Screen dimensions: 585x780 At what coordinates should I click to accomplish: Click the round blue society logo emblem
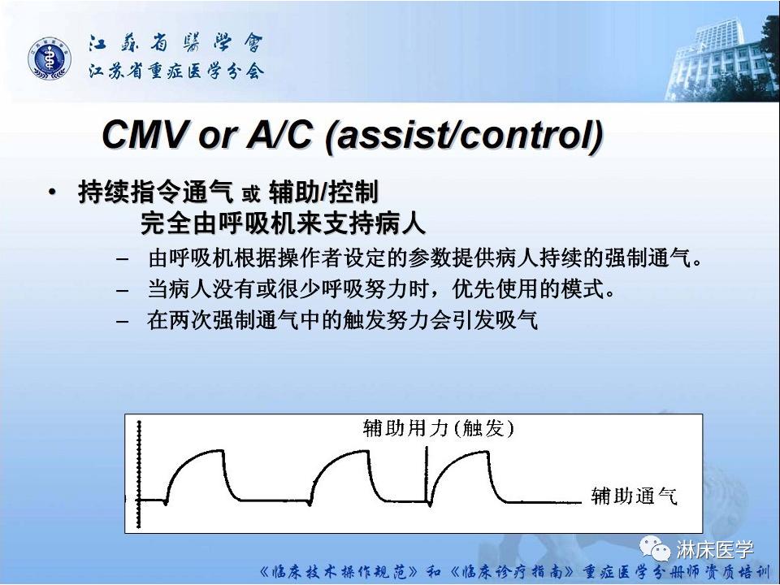coord(50,59)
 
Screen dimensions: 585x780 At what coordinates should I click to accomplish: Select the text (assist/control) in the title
coord(464,136)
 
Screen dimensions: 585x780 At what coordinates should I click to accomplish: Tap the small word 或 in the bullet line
coord(250,195)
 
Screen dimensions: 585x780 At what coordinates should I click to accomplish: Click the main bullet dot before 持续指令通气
coord(53,193)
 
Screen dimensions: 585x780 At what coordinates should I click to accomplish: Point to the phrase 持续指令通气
coord(154,193)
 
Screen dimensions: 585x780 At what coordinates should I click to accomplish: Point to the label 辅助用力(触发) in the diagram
coord(438,429)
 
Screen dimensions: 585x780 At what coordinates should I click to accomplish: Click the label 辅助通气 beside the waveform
coord(635,496)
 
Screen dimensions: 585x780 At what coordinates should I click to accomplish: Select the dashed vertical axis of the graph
coord(141,471)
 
